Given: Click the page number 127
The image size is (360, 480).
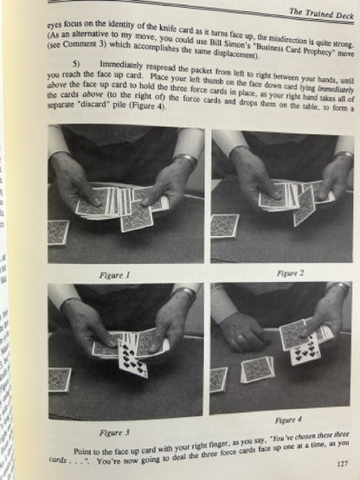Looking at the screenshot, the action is (342, 464).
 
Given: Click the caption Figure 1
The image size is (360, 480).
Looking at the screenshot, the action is (114, 275).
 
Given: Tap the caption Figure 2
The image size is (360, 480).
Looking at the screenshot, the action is (290, 272).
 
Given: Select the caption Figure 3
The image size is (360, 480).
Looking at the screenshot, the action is (114, 432).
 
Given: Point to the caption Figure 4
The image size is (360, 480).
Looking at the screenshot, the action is (288, 420).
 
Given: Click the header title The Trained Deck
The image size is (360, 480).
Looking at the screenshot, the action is (321, 14).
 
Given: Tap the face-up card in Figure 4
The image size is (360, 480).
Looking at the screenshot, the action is (305, 350).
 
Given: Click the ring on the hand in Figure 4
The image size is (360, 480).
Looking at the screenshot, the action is (241, 337).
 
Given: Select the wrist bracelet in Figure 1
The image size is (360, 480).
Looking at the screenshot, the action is (185, 160).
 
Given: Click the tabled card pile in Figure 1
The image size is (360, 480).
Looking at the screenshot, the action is (58, 233).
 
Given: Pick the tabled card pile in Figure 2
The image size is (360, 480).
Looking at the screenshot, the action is (224, 227).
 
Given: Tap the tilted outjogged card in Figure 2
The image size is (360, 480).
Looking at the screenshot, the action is (304, 205).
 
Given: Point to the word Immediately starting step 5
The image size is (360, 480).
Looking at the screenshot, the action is (121, 65).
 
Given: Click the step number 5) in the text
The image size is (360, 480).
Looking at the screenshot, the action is (76, 64).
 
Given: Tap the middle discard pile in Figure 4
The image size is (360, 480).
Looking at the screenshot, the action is (257, 369).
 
